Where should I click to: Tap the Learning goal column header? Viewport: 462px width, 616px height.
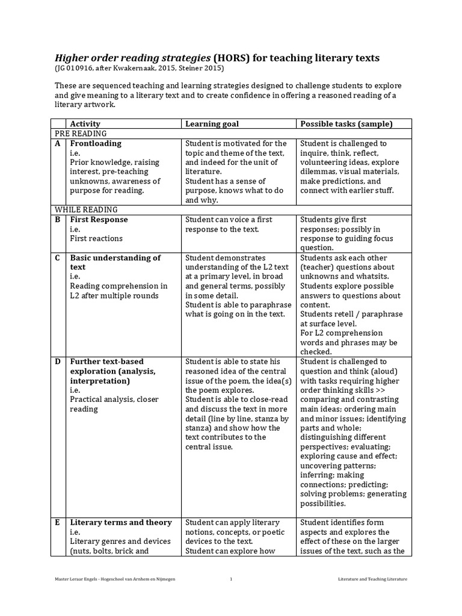pyautogui.click(x=212, y=124)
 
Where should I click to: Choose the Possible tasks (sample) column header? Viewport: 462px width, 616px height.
pyautogui.click(x=346, y=124)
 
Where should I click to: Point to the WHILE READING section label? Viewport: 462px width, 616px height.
pyautogui.click(x=86, y=209)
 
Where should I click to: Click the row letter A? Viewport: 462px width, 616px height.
pyautogui.click(x=58, y=144)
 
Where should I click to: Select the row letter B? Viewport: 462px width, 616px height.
pyautogui.click(x=58, y=220)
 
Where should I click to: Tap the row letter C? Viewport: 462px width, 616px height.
pyautogui.click(x=58, y=258)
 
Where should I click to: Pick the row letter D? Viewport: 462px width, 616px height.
pyautogui.click(x=58, y=362)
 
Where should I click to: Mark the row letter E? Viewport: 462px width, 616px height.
pyautogui.click(x=58, y=522)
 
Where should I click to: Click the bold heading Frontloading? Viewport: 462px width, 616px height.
pyautogui.click(x=96, y=144)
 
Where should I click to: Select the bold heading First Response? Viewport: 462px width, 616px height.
pyautogui.click(x=99, y=220)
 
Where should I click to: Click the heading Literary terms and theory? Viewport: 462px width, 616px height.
pyautogui.click(x=121, y=522)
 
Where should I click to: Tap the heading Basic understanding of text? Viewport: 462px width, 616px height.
pyautogui.click(x=115, y=262)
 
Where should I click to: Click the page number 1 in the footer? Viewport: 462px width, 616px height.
pyautogui.click(x=231, y=579)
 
